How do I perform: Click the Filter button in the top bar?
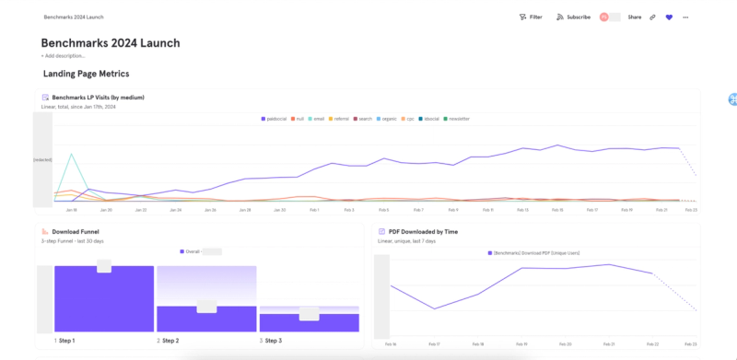(531, 17)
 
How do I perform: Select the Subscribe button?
(573, 17)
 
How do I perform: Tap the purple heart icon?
(669, 17)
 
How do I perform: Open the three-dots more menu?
(685, 17)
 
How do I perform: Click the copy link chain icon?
(652, 17)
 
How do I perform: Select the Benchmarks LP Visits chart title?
(98, 97)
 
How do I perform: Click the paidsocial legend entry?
(275, 119)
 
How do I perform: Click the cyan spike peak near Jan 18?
(72, 154)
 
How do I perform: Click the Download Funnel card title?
(76, 232)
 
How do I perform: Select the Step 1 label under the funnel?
(64, 341)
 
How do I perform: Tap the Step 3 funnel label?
(271, 341)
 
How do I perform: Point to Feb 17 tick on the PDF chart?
(435, 343)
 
